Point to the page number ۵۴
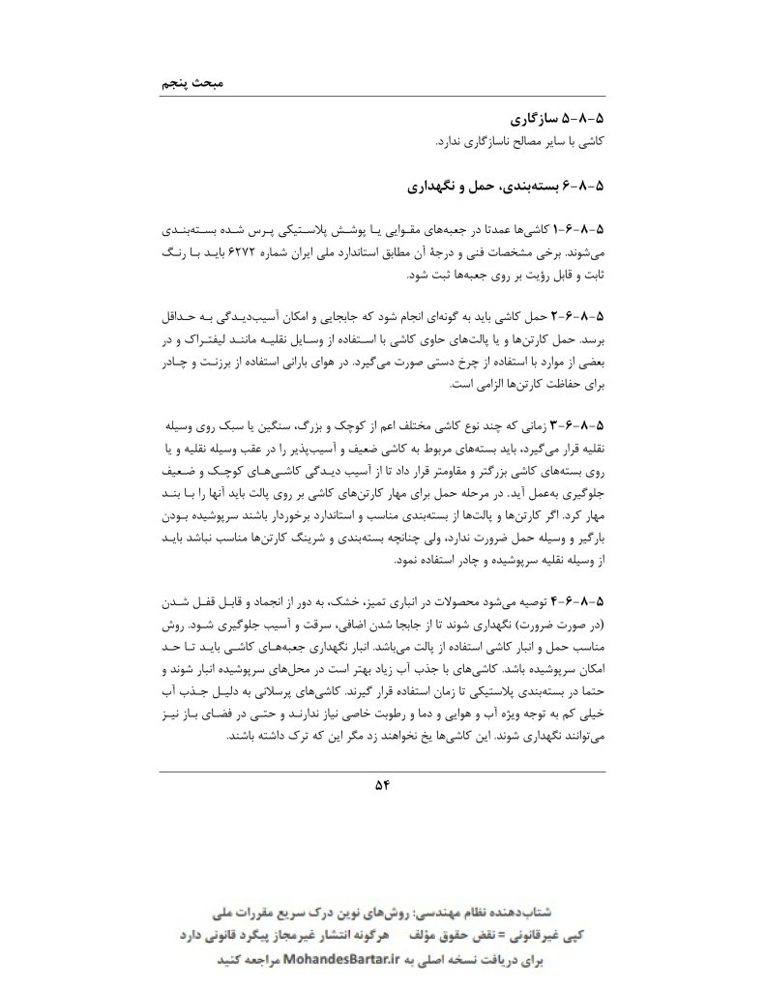pyautogui.click(x=381, y=785)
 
